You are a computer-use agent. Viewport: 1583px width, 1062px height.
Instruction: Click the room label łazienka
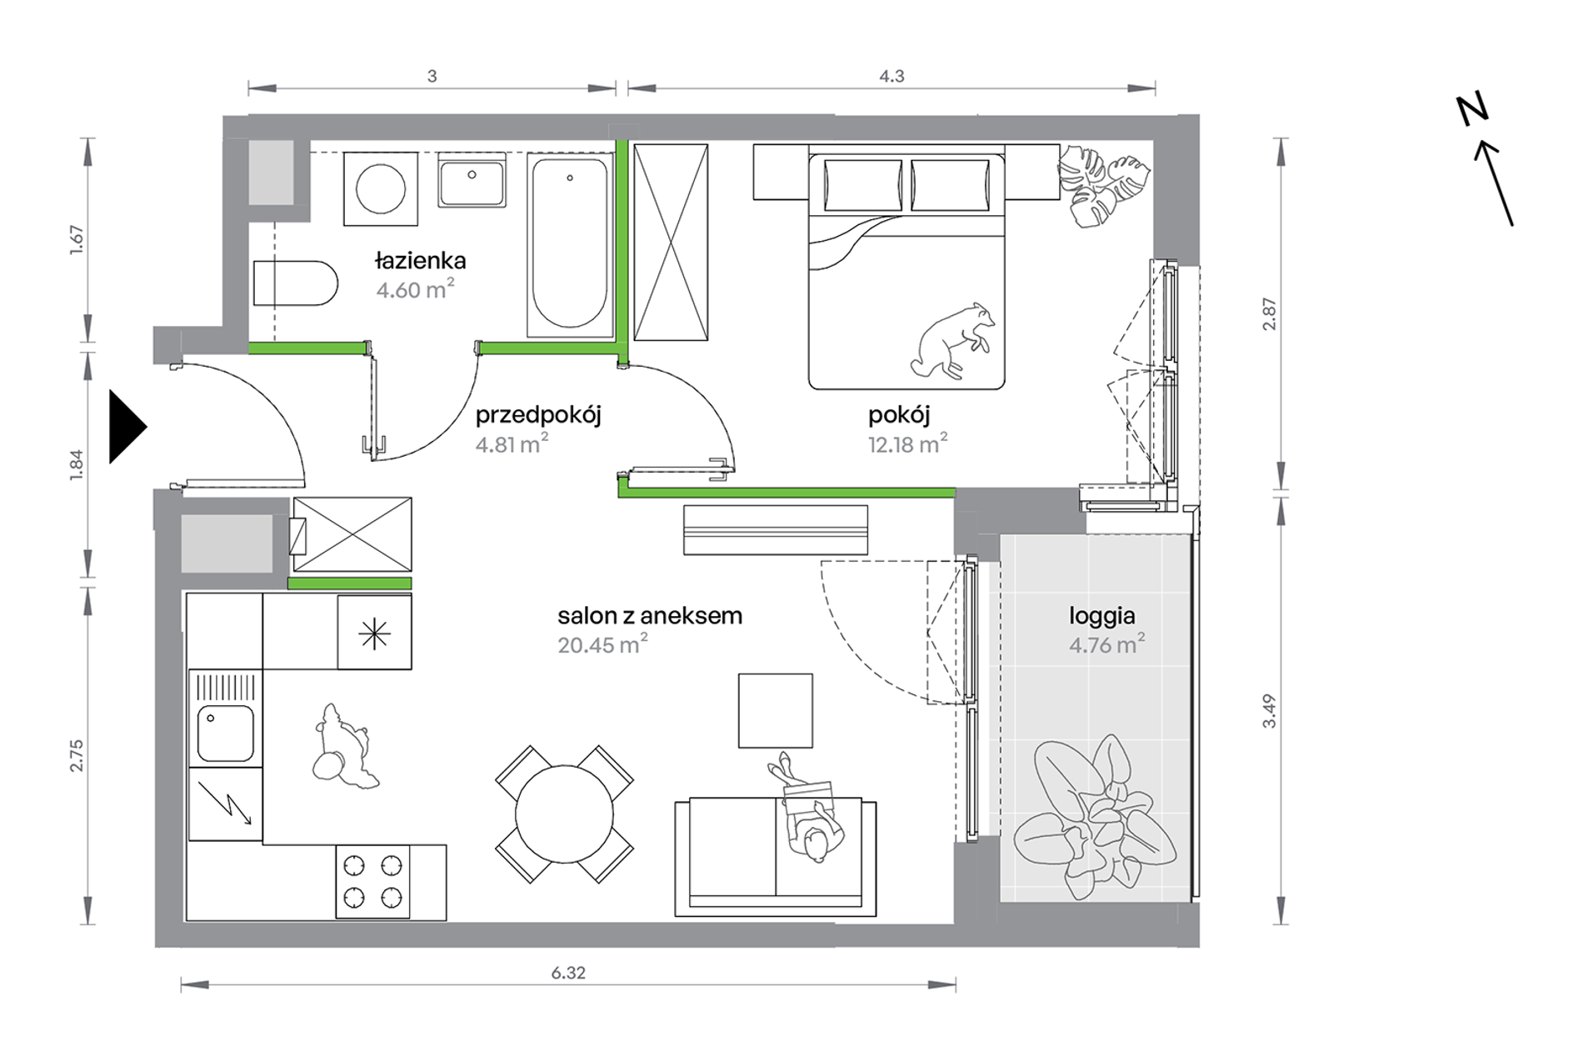[x=420, y=261]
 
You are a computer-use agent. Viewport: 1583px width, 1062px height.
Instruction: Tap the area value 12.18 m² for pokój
[x=907, y=443]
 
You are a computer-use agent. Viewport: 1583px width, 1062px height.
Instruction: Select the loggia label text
[x=1101, y=617]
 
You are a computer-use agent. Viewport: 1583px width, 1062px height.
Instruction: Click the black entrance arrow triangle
[x=127, y=427]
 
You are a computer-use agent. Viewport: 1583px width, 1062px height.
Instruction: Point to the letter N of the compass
[x=1472, y=111]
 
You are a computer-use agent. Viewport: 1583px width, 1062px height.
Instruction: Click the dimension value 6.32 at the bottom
[x=568, y=972]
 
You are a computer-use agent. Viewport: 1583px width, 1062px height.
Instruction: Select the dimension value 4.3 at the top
[x=891, y=76]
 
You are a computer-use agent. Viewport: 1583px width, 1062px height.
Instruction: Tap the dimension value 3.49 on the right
[x=1269, y=711]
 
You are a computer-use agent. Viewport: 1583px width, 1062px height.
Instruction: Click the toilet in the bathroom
[x=295, y=283]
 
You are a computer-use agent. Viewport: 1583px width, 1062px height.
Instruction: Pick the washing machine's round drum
[x=381, y=189]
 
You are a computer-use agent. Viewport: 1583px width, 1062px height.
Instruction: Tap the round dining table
[x=564, y=814]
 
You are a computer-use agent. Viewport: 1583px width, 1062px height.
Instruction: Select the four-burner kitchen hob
[x=373, y=882]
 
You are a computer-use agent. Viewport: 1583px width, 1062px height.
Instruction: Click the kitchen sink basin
[x=225, y=734]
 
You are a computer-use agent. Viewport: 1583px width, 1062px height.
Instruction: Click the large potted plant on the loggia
[x=1094, y=817]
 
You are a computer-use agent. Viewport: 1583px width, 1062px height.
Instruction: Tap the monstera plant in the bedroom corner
[x=1102, y=185]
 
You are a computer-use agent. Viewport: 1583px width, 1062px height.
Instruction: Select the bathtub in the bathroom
[x=570, y=244]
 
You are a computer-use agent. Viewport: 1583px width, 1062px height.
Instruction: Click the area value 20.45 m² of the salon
[x=602, y=644]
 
